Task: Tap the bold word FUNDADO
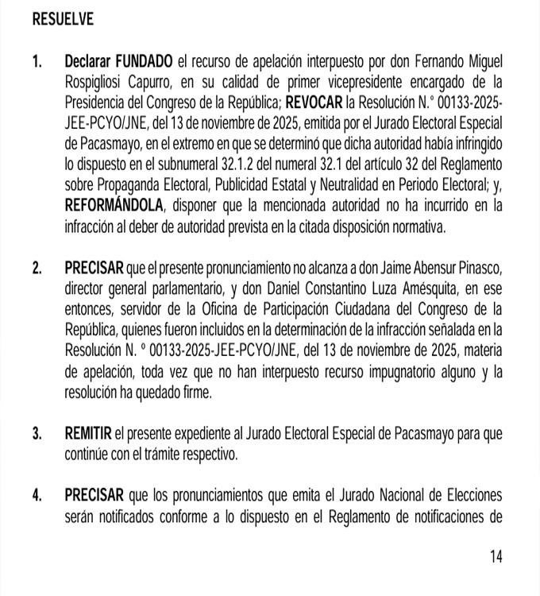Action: [x=145, y=61]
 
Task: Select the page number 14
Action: [x=496, y=557]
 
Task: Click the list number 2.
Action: [x=37, y=268]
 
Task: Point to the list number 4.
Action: [x=37, y=495]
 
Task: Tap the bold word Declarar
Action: [x=89, y=61]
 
